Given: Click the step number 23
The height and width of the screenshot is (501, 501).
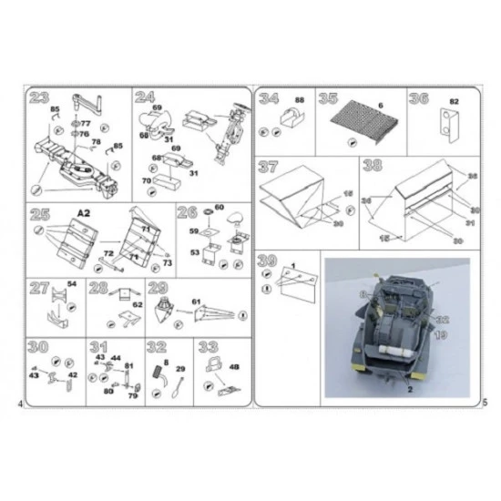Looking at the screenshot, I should click(40, 99).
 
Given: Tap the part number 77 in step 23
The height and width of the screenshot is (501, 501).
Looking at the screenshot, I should click(85, 123).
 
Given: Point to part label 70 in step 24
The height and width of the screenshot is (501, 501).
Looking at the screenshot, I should click(146, 182).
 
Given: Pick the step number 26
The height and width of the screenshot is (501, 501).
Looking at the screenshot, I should click(188, 213).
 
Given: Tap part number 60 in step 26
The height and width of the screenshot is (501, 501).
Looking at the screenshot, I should click(219, 208).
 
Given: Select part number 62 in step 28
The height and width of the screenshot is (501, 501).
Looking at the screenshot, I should click(138, 305).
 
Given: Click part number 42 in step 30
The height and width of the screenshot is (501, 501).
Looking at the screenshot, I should click(73, 374).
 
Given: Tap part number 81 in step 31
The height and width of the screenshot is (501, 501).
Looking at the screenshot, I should click(129, 365).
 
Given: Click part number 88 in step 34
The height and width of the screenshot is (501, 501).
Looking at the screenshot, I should click(299, 98).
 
